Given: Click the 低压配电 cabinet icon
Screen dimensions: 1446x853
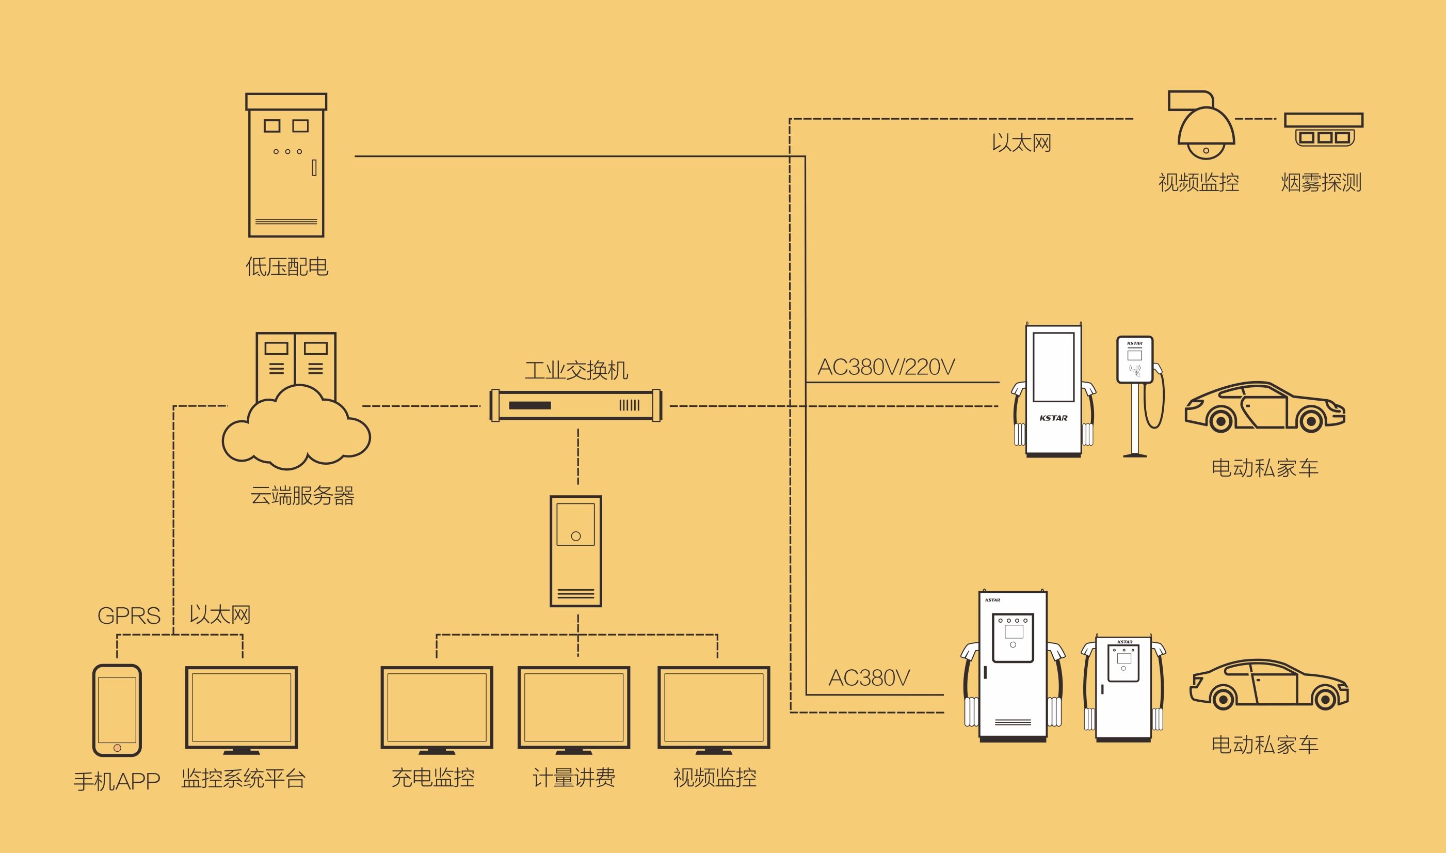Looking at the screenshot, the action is click(x=286, y=165).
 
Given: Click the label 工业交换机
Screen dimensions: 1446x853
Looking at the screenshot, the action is click(x=576, y=370).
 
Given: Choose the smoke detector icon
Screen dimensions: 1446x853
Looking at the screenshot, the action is click(x=1324, y=129).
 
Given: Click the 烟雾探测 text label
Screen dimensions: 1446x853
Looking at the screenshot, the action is click(x=1321, y=182).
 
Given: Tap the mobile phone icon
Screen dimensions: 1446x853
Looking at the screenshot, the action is click(x=117, y=710).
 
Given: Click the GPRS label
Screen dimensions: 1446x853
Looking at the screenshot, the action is click(x=128, y=615).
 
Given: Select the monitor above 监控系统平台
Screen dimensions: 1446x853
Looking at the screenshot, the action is click(x=242, y=710).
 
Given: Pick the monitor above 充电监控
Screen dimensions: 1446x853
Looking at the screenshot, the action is click(x=437, y=710).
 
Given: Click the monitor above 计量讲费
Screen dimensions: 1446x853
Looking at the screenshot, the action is click(x=574, y=710).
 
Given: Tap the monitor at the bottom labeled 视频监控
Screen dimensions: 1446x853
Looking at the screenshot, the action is click(x=714, y=710).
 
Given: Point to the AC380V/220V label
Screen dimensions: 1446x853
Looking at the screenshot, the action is click(x=886, y=367).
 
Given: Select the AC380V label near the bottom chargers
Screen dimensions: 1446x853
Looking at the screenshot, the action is click(x=869, y=677).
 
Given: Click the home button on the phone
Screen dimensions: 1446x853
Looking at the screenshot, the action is click(x=117, y=748).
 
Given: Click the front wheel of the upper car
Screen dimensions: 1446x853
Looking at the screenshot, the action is click(x=1221, y=421).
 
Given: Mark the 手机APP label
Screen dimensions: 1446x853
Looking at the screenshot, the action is click(x=117, y=781).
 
